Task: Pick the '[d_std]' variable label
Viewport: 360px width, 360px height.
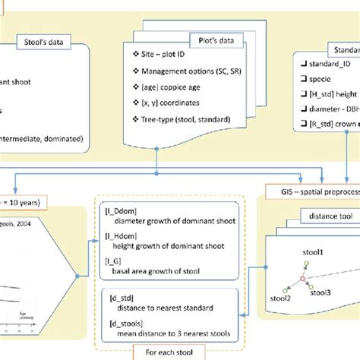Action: [123, 297]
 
